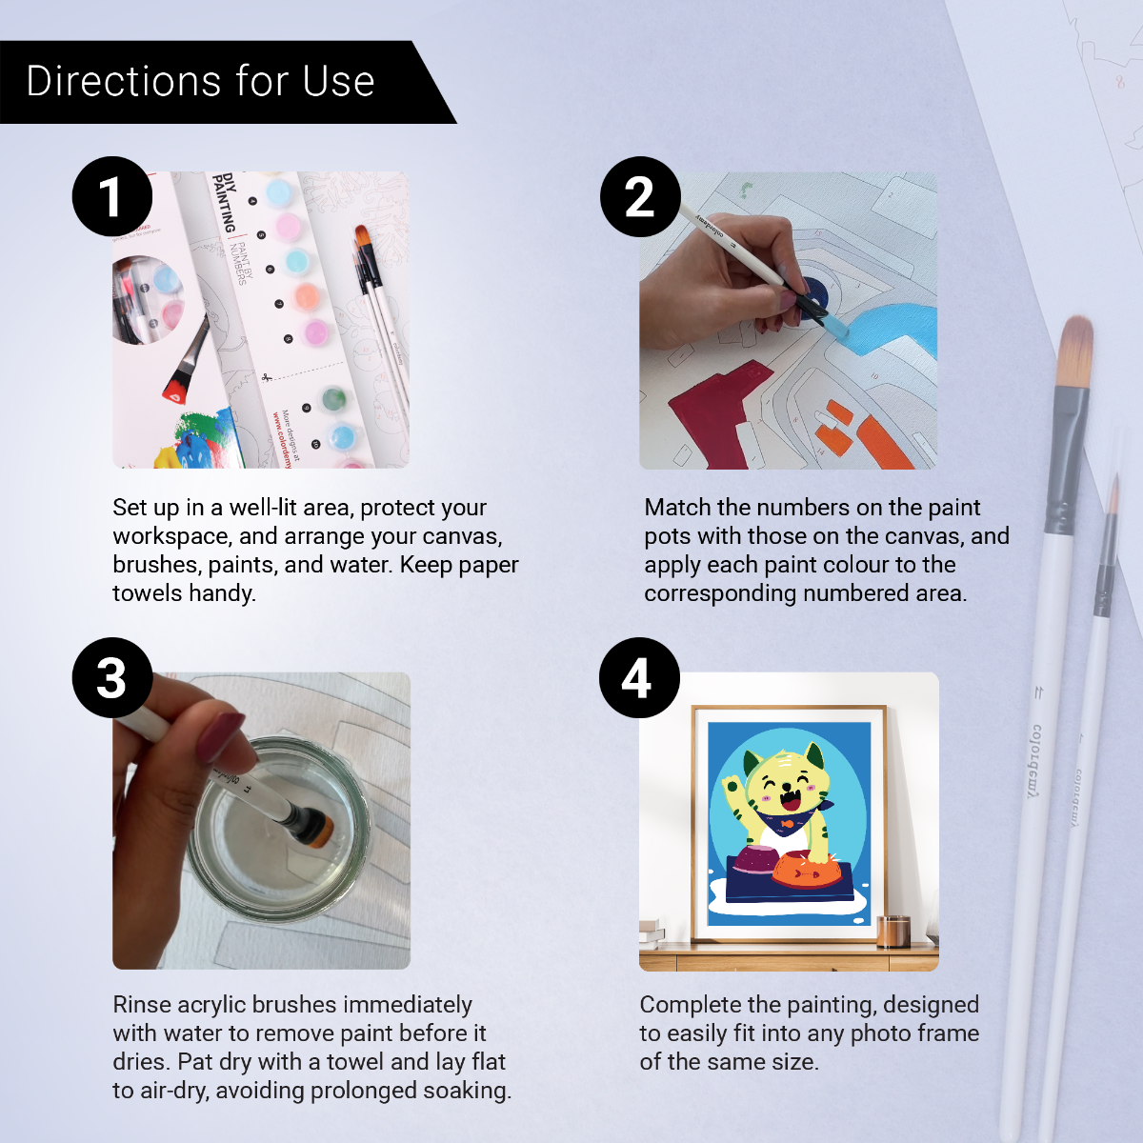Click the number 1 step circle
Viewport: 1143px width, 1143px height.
(111, 196)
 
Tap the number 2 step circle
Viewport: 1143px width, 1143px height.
(639, 196)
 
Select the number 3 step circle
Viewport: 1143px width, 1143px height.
(111, 677)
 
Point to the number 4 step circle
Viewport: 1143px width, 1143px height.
(638, 677)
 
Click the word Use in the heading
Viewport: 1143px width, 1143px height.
(338, 82)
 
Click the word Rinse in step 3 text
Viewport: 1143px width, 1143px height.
(142, 1005)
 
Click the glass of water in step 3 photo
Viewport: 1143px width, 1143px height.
(276, 829)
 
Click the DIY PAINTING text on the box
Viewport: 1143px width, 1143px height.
(225, 202)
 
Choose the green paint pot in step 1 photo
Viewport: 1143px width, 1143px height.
(333, 398)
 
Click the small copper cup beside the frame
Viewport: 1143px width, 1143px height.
(893, 931)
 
